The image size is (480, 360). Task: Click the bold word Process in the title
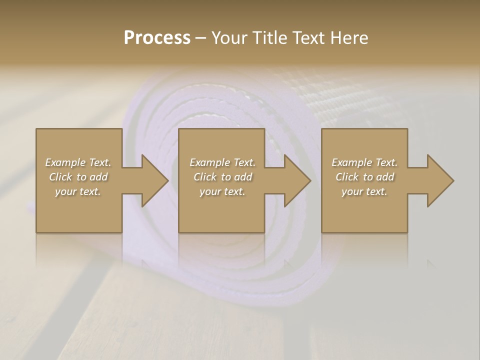(x=157, y=37)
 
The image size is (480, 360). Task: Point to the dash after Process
(x=201, y=38)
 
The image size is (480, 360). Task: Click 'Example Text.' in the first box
(x=78, y=162)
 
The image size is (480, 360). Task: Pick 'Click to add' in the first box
(x=78, y=177)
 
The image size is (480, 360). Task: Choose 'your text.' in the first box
(x=78, y=191)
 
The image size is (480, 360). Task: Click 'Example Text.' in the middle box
(x=222, y=162)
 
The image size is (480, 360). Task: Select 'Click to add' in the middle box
(x=222, y=177)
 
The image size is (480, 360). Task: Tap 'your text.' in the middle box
(x=222, y=191)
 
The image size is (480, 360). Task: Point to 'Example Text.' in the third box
(x=364, y=162)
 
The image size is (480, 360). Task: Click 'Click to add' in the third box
(x=364, y=177)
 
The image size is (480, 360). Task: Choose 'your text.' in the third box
(x=364, y=191)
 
